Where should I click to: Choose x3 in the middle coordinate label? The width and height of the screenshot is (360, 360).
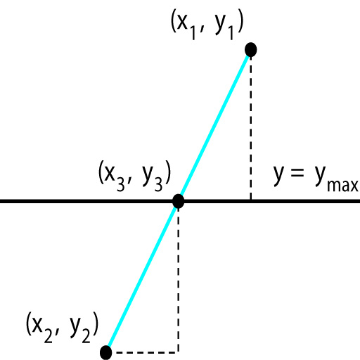tap(115, 177)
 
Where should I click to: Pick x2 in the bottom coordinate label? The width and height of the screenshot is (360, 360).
tap(42, 329)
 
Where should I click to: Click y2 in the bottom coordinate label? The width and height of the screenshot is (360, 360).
tap(80, 330)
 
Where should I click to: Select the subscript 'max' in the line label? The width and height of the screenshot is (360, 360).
tap(342, 186)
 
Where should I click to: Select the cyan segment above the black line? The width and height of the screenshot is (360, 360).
tap(214, 124)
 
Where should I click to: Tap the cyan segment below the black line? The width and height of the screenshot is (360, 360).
tap(142, 276)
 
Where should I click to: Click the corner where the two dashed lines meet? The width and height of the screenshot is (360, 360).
tap(179, 352)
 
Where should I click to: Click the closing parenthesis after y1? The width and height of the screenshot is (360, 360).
tap(240, 23)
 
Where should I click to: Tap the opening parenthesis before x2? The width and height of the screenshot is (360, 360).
tap(29, 324)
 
